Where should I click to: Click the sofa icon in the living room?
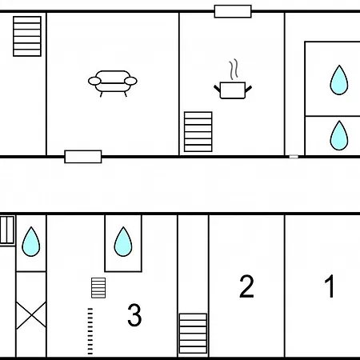click(113, 83)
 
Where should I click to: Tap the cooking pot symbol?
click(233, 90)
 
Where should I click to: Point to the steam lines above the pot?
click(234, 70)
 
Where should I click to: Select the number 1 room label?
click(330, 286)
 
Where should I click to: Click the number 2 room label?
click(246, 286)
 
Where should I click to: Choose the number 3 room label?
click(134, 314)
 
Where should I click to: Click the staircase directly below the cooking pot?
click(198, 132)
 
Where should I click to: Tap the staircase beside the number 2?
click(193, 334)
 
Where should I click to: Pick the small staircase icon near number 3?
click(98, 288)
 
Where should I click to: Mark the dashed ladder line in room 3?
click(90, 331)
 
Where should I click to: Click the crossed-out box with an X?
click(31, 315)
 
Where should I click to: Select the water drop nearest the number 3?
click(123, 242)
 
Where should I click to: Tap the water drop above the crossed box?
click(31, 242)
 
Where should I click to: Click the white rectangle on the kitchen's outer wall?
click(233, 11)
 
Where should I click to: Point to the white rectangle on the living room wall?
click(83, 157)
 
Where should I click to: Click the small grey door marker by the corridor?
click(294, 157)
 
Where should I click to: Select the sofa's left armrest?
click(94, 81)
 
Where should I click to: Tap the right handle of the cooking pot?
click(248, 89)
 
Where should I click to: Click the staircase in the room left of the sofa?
click(27, 36)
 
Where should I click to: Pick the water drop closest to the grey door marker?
click(339, 135)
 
